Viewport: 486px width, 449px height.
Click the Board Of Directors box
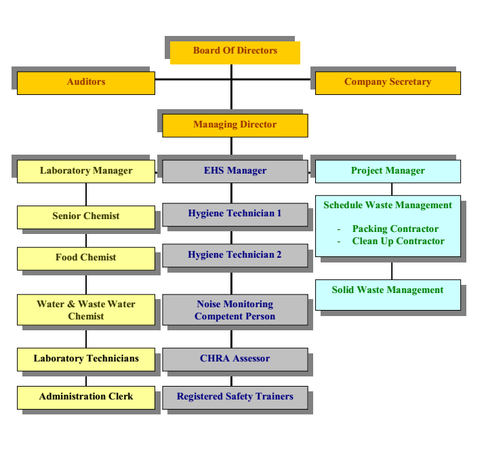pos(235,52)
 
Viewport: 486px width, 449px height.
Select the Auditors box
pos(86,83)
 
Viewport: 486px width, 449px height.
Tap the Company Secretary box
pos(388,83)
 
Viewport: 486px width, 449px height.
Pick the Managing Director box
pos(235,125)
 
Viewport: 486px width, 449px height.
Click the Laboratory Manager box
pos(86,171)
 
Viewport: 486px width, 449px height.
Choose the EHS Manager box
pos(235,171)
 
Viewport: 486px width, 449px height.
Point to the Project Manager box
pos(388,171)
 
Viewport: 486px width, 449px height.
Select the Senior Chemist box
pos(86,217)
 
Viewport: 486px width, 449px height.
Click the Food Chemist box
pos(86,258)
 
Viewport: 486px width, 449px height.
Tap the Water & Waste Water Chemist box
pos(86,310)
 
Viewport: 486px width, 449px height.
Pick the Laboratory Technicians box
pos(86,359)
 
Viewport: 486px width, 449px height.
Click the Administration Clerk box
pos(86,397)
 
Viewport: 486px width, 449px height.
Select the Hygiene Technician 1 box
pos(235,214)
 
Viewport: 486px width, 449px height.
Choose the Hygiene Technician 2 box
pos(235,255)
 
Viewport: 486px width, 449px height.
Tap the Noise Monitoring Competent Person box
pos(235,310)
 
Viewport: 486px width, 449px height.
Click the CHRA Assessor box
pos(235,359)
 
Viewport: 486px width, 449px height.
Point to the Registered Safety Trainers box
pos(235,397)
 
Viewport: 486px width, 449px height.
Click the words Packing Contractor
pos(395,229)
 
